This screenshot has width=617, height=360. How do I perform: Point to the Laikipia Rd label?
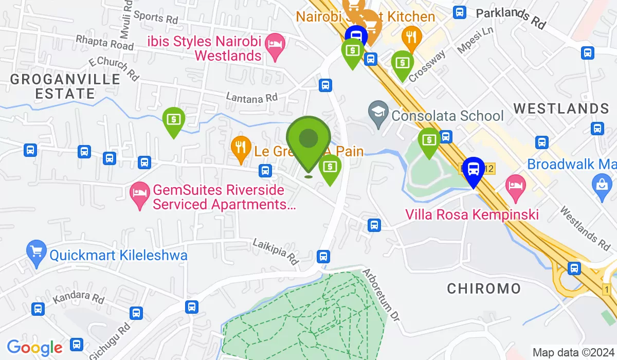tap(277, 250)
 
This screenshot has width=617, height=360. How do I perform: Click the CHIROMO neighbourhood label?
tap(484, 289)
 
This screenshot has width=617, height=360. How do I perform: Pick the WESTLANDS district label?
tap(561, 109)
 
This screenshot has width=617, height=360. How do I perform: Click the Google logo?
tap(34, 348)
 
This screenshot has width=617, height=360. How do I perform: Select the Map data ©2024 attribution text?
tap(573, 353)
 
